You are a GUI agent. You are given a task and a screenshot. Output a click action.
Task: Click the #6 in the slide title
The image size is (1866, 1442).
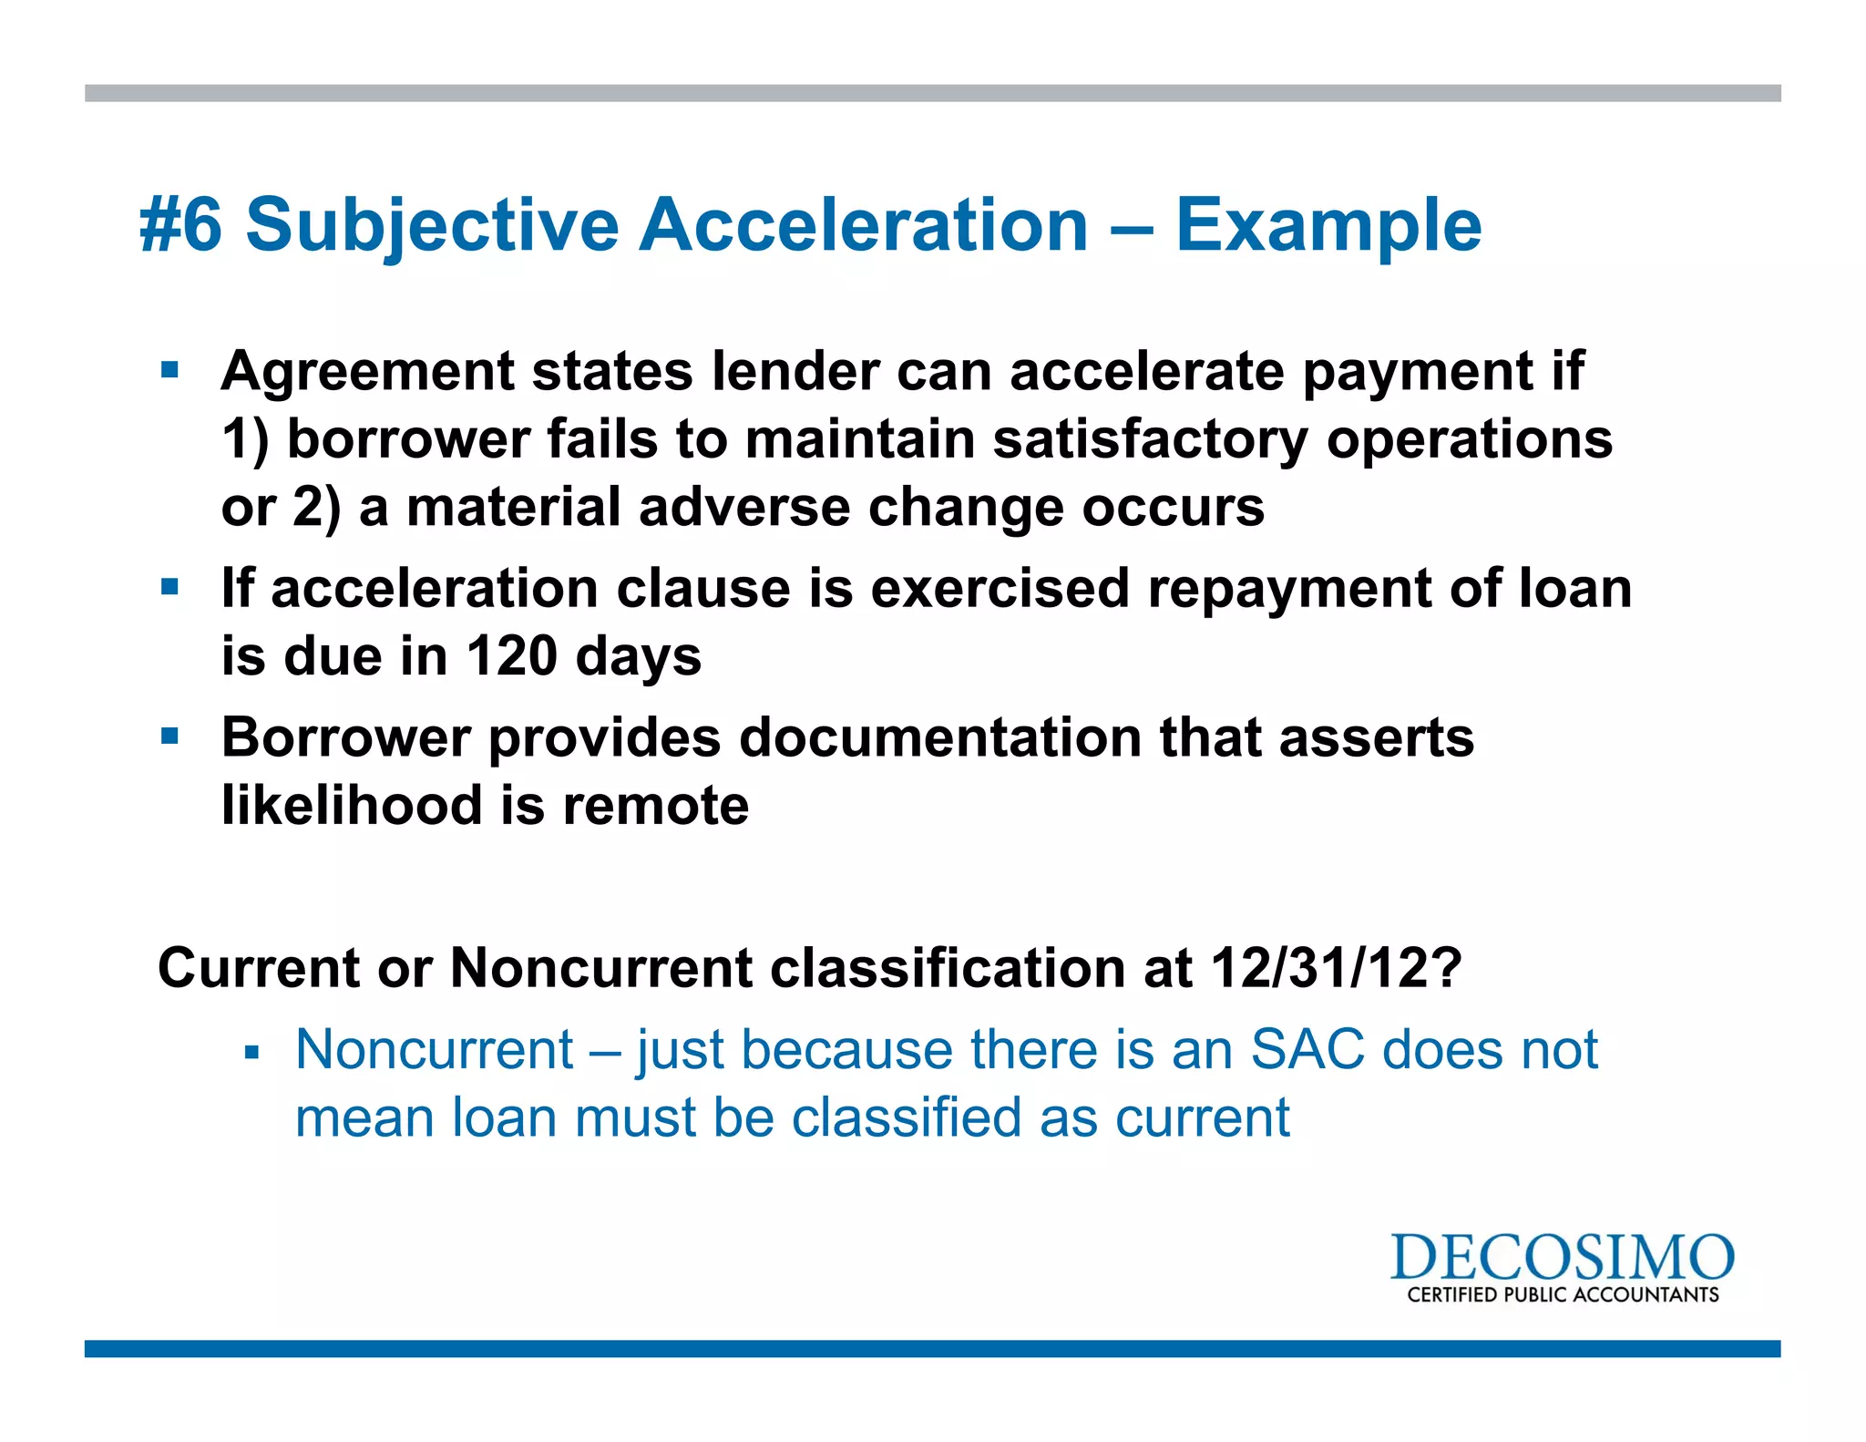click(x=180, y=225)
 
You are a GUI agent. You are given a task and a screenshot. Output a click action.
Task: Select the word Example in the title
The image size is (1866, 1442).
click(x=1328, y=225)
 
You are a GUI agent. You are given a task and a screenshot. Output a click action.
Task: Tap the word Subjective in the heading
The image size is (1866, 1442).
click(x=432, y=225)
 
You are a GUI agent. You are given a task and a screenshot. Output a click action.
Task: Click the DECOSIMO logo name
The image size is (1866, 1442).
click(x=1561, y=1259)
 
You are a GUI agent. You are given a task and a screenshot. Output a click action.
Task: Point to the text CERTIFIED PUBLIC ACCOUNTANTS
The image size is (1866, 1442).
click(x=1562, y=1295)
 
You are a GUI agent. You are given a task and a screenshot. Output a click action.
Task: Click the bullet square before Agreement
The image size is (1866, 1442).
click(x=169, y=371)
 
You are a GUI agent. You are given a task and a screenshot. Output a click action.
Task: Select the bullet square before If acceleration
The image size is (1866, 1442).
click(x=169, y=587)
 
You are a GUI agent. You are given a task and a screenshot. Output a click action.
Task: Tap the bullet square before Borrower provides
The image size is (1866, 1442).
click(x=169, y=736)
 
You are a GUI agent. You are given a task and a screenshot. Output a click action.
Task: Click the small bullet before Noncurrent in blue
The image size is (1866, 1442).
click(x=252, y=1054)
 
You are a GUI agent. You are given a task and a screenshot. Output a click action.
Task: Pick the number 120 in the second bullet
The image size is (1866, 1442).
click(x=511, y=655)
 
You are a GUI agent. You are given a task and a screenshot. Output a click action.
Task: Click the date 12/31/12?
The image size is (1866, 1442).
click(x=1336, y=967)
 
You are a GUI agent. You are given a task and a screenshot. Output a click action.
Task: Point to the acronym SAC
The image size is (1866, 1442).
click(x=1307, y=1049)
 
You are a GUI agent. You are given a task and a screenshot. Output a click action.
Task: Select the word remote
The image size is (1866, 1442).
click(x=655, y=806)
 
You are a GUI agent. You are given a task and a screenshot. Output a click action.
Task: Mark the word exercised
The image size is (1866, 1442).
click(x=1000, y=588)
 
